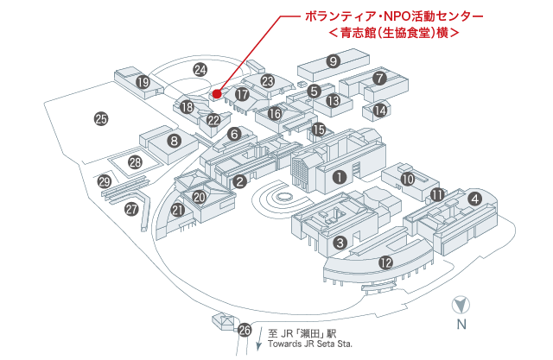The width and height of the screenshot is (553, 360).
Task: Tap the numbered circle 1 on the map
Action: pos(340,177)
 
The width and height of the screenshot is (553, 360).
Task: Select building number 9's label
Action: pos(333,60)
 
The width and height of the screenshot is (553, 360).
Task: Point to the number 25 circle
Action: pos(101,120)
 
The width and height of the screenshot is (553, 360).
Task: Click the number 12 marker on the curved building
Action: pos(386,262)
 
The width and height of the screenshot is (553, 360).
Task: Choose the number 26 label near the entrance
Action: pos(245,330)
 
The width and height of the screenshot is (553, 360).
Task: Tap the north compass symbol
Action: pos(462,305)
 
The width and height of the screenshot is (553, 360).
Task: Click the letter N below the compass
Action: pos(462,325)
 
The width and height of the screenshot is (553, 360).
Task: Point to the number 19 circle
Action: pos(143,82)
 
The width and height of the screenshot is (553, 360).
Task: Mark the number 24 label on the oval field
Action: pos(200,69)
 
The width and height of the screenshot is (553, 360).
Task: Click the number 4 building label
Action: pos(474,198)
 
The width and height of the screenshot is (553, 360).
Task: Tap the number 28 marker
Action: pos(135,161)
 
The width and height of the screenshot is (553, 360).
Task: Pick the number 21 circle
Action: pos(179,210)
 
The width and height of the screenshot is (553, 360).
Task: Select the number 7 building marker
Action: pos(379,78)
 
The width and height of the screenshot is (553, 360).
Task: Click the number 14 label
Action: pos(380,110)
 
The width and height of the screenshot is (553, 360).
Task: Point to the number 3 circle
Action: pos(340,243)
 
